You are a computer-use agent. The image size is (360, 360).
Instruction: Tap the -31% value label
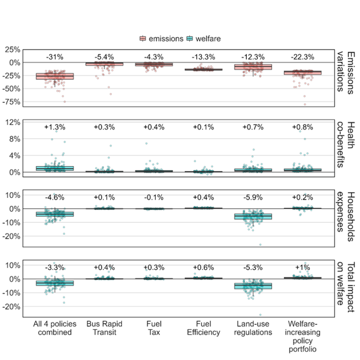pos(55,57)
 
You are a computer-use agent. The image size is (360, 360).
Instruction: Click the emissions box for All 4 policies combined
pos(55,76)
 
